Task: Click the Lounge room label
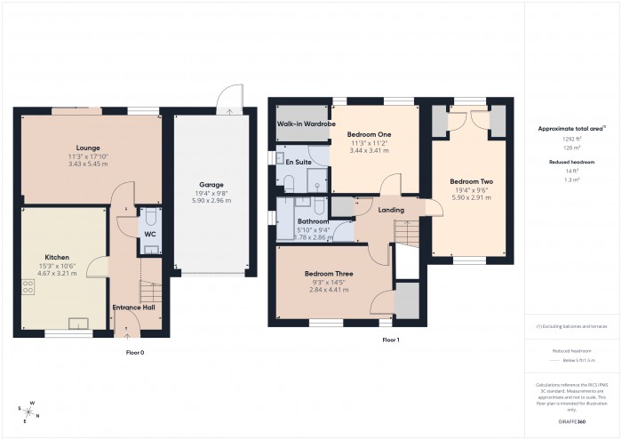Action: [88, 148]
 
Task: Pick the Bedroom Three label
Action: [329, 274]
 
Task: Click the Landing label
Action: [391, 210]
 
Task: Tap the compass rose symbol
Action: [29, 412]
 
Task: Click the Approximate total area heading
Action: [571, 129]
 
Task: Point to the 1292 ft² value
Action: [571, 140]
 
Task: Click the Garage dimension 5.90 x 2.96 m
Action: [211, 201]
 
